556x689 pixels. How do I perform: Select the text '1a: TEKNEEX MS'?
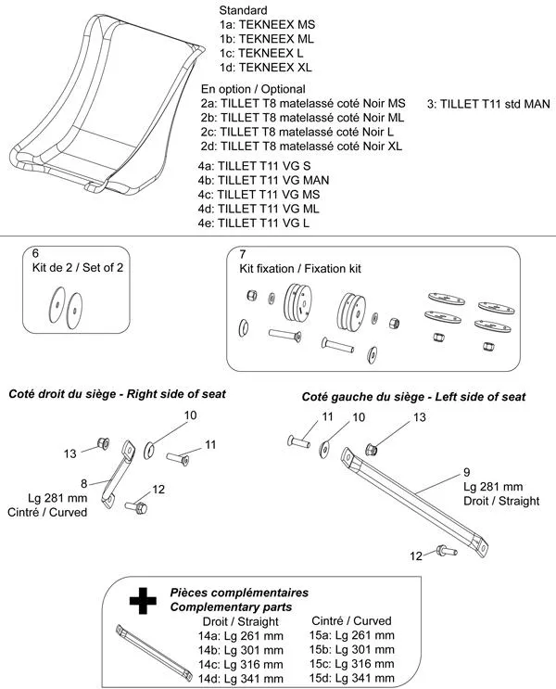coord(266,24)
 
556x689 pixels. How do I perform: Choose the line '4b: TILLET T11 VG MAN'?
coord(264,179)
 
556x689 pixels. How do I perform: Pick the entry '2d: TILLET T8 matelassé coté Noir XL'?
coord(302,147)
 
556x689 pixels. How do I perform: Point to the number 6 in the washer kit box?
coord(35,253)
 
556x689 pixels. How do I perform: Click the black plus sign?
coord(141,603)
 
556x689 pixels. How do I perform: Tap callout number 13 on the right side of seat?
coord(69,453)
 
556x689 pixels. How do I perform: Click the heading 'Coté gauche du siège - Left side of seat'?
coord(413,397)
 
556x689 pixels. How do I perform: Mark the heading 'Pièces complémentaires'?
coord(239,592)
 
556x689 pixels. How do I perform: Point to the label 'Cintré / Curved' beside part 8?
coord(47,512)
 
